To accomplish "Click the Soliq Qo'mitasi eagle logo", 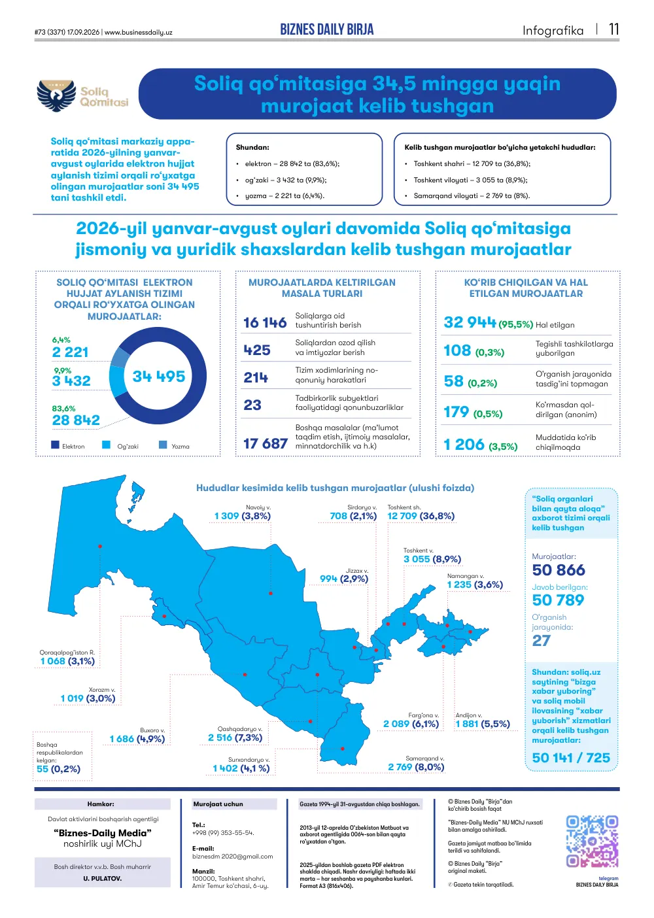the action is [57, 95].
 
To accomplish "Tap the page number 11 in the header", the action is [614, 29].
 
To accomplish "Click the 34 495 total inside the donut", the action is [159, 376].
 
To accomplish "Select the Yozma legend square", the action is [163, 445].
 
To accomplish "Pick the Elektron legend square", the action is [55, 445].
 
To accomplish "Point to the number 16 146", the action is [265, 322].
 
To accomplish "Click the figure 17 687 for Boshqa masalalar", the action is [266, 443].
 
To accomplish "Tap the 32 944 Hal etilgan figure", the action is [470, 322].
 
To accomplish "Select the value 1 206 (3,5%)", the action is [481, 445].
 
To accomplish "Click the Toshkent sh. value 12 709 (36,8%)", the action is [421, 516].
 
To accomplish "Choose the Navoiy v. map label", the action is [258, 507].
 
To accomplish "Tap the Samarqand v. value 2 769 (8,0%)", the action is [416, 767].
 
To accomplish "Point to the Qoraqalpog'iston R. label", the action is [67, 653].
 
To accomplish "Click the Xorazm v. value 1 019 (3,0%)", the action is [88, 698].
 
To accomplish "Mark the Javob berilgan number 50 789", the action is [558, 600].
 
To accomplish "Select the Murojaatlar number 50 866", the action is [559, 570].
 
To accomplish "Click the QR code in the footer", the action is [592, 841].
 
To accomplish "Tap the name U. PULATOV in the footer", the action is [102, 879].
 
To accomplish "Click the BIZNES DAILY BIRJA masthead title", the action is [327, 29].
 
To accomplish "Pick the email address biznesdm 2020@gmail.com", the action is [232, 856].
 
